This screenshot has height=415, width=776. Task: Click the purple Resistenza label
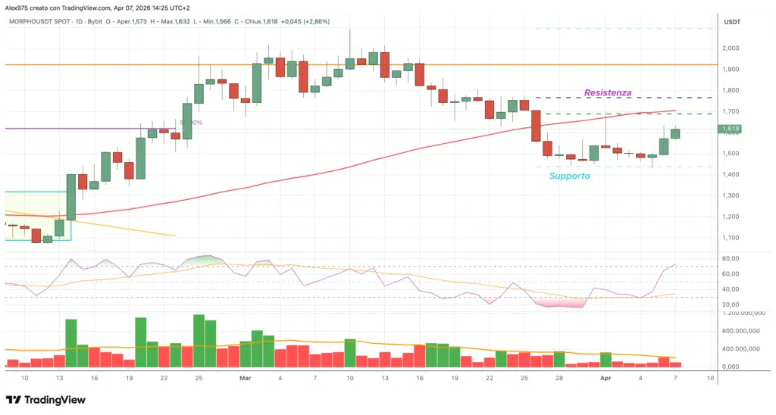point(608,92)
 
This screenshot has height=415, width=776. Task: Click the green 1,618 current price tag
point(732,129)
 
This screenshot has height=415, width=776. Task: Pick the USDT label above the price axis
point(732,22)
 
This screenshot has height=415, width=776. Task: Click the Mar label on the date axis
point(245,376)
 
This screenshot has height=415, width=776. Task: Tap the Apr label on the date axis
point(605,376)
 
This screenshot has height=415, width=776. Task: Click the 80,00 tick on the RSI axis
point(732,258)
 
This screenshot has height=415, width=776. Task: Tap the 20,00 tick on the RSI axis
point(732,304)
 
